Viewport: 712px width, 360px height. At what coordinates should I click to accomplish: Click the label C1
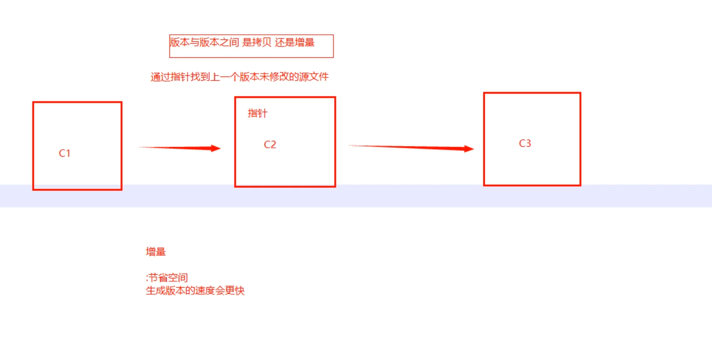pos(64,153)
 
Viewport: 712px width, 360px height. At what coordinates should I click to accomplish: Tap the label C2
pos(270,145)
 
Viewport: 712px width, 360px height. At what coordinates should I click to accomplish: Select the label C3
pos(525,144)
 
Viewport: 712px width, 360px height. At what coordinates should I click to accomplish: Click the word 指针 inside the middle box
pos(258,114)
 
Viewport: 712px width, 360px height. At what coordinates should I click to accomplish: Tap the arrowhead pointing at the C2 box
pos(215,148)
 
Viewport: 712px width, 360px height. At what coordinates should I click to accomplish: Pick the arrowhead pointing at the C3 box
pos(469,149)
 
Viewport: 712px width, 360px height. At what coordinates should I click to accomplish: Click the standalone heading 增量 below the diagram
pos(156,252)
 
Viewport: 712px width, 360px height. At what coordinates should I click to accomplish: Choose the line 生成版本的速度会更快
pos(195,291)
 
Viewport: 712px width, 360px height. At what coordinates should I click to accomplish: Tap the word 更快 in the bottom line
pos(234,291)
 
